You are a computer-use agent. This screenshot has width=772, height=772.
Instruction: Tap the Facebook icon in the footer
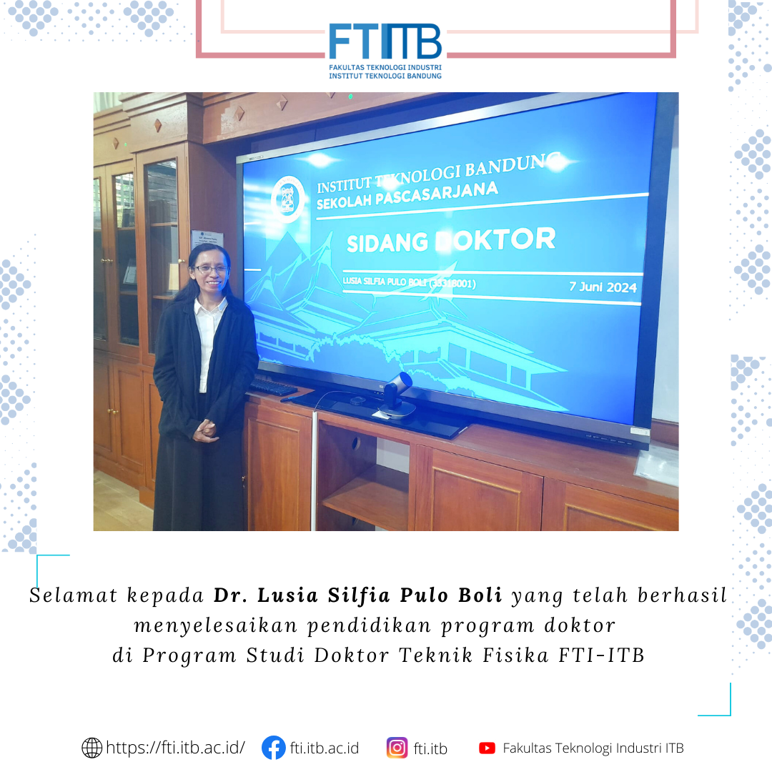pos(273,748)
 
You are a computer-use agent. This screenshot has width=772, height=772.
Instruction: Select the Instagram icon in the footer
pos(397,748)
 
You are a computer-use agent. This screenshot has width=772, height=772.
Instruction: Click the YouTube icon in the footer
pos(487,748)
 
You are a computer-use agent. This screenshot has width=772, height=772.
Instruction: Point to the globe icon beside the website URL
pos(91,748)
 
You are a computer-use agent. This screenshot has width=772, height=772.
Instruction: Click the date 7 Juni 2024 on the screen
pos(603,287)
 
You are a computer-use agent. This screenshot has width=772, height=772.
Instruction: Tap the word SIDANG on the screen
pos(387,243)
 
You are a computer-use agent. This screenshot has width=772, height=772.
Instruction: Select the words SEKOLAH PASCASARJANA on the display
pos(407,195)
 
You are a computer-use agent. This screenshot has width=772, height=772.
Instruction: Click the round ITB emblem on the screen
pos(288,199)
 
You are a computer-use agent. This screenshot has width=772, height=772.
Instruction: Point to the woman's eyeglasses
pos(212,269)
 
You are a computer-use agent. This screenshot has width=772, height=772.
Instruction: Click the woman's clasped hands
pos(205,430)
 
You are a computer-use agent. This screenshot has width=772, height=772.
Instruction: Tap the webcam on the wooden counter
pos(397,395)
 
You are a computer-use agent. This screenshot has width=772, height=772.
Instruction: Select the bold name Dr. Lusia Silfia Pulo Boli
pos(358,595)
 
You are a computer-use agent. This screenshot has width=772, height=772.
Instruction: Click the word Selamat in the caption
pos(74,595)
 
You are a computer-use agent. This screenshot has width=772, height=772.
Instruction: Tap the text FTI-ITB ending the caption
pos(602,655)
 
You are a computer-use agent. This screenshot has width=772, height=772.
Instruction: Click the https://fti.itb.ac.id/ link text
pos(175,748)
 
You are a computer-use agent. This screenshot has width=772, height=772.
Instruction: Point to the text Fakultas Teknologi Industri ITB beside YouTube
pos(593,748)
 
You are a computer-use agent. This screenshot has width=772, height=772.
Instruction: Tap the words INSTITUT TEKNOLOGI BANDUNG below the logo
pos(385,76)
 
